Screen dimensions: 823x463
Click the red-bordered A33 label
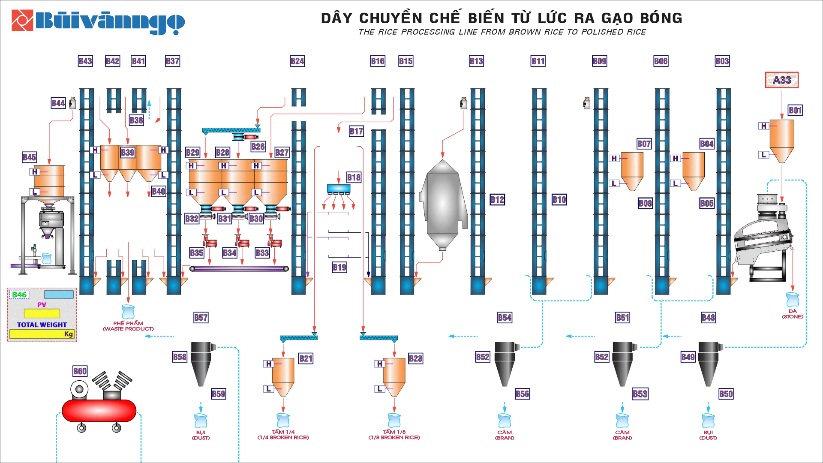782,80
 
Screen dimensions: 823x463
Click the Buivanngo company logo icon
22,21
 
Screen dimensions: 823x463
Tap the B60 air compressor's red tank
99,411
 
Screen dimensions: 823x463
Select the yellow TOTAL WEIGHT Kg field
42,334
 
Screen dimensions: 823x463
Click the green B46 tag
19,295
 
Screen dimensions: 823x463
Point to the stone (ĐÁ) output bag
793,300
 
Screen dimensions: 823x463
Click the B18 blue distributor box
339,189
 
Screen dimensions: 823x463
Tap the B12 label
497,200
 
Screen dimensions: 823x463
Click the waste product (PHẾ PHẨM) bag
128,312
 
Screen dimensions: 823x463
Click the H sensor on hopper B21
269,364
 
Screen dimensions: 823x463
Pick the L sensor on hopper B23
379,389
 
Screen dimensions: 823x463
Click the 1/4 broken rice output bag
283,420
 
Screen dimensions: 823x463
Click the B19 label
339,268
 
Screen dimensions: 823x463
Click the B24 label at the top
297,61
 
